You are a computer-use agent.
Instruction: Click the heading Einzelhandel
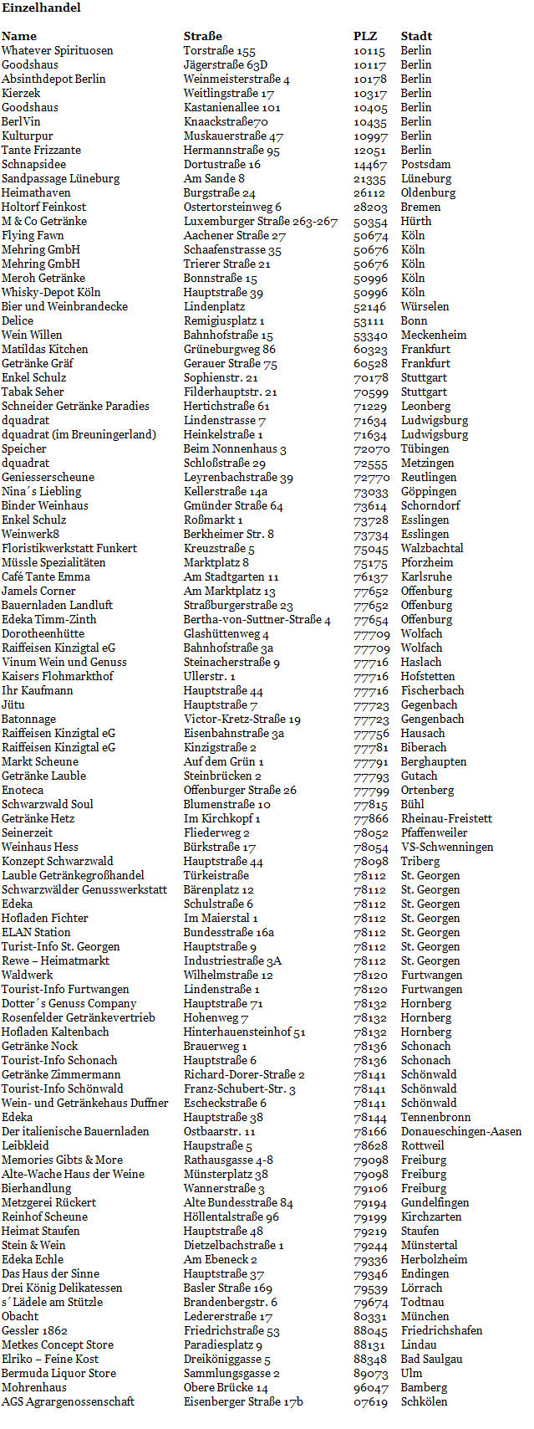pyautogui.click(x=41, y=8)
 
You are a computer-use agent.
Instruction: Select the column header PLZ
pyautogui.click(x=365, y=36)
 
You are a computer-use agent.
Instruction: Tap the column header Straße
pyautogui.click(x=203, y=36)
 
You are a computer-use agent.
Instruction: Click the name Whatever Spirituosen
pyautogui.click(x=57, y=50)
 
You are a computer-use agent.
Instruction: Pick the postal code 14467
pyautogui.click(x=369, y=164)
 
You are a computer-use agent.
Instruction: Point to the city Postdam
pyautogui.click(x=425, y=164)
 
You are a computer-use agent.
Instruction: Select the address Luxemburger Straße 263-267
pyautogui.click(x=261, y=221)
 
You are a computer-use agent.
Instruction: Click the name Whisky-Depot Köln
pyautogui.click(x=51, y=292)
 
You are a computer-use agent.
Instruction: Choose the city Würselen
pyautogui.click(x=425, y=306)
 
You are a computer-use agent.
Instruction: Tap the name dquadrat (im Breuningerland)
pyautogui.click(x=79, y=434)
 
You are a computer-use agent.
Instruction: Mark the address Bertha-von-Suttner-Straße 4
pyautogui.click(x=257, y=619)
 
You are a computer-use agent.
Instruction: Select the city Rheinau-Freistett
pyautogui.click(x=446, y=818)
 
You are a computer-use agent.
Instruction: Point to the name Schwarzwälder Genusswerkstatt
pyautogui.click(x=84, y=889)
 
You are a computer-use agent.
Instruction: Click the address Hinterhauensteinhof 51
pyautogui.click(x=245, y=1032)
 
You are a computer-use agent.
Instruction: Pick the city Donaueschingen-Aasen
pyautogui.click(x=461, y=1131)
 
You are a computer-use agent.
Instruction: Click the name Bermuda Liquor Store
pyautogui.click(x=58, y=1373)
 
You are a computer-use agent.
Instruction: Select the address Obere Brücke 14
pyautogui.click(x=226, y=1387)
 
